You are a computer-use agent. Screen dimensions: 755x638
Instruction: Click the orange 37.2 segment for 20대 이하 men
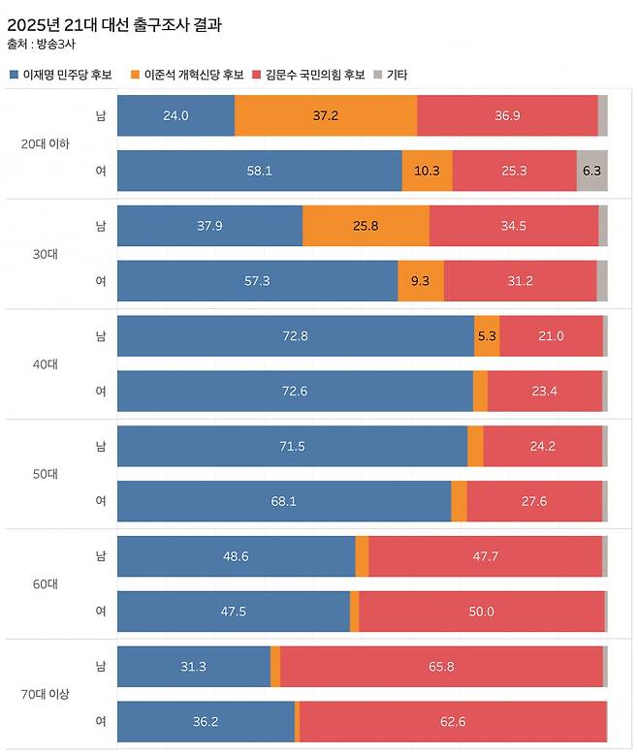click(326, 115)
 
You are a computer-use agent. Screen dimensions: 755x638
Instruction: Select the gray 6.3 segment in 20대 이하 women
click(591, 171)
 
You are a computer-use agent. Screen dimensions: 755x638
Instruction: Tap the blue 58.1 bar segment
click(259, 171)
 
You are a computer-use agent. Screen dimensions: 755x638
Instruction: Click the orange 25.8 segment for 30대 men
click(366, 226)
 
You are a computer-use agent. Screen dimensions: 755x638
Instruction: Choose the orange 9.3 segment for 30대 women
click(421, 281)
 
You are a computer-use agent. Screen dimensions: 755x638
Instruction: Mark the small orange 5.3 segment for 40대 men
click(487, 336)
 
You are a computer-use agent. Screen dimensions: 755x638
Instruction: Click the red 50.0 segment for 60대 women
click(481, 612)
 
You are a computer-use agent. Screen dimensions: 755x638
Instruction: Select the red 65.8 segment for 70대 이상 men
click(441, 667)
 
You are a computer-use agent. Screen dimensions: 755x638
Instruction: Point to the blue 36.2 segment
click(206, 722)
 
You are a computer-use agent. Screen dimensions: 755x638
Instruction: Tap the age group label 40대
click(45, 364)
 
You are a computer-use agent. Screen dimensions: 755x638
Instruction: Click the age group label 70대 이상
click(45, 695)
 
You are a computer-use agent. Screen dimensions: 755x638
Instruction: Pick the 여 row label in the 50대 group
click(101, 501)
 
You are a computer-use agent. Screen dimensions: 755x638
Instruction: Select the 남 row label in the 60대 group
click(101, 556)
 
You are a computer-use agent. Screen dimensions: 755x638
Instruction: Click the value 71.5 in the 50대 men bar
click(292, 447)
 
